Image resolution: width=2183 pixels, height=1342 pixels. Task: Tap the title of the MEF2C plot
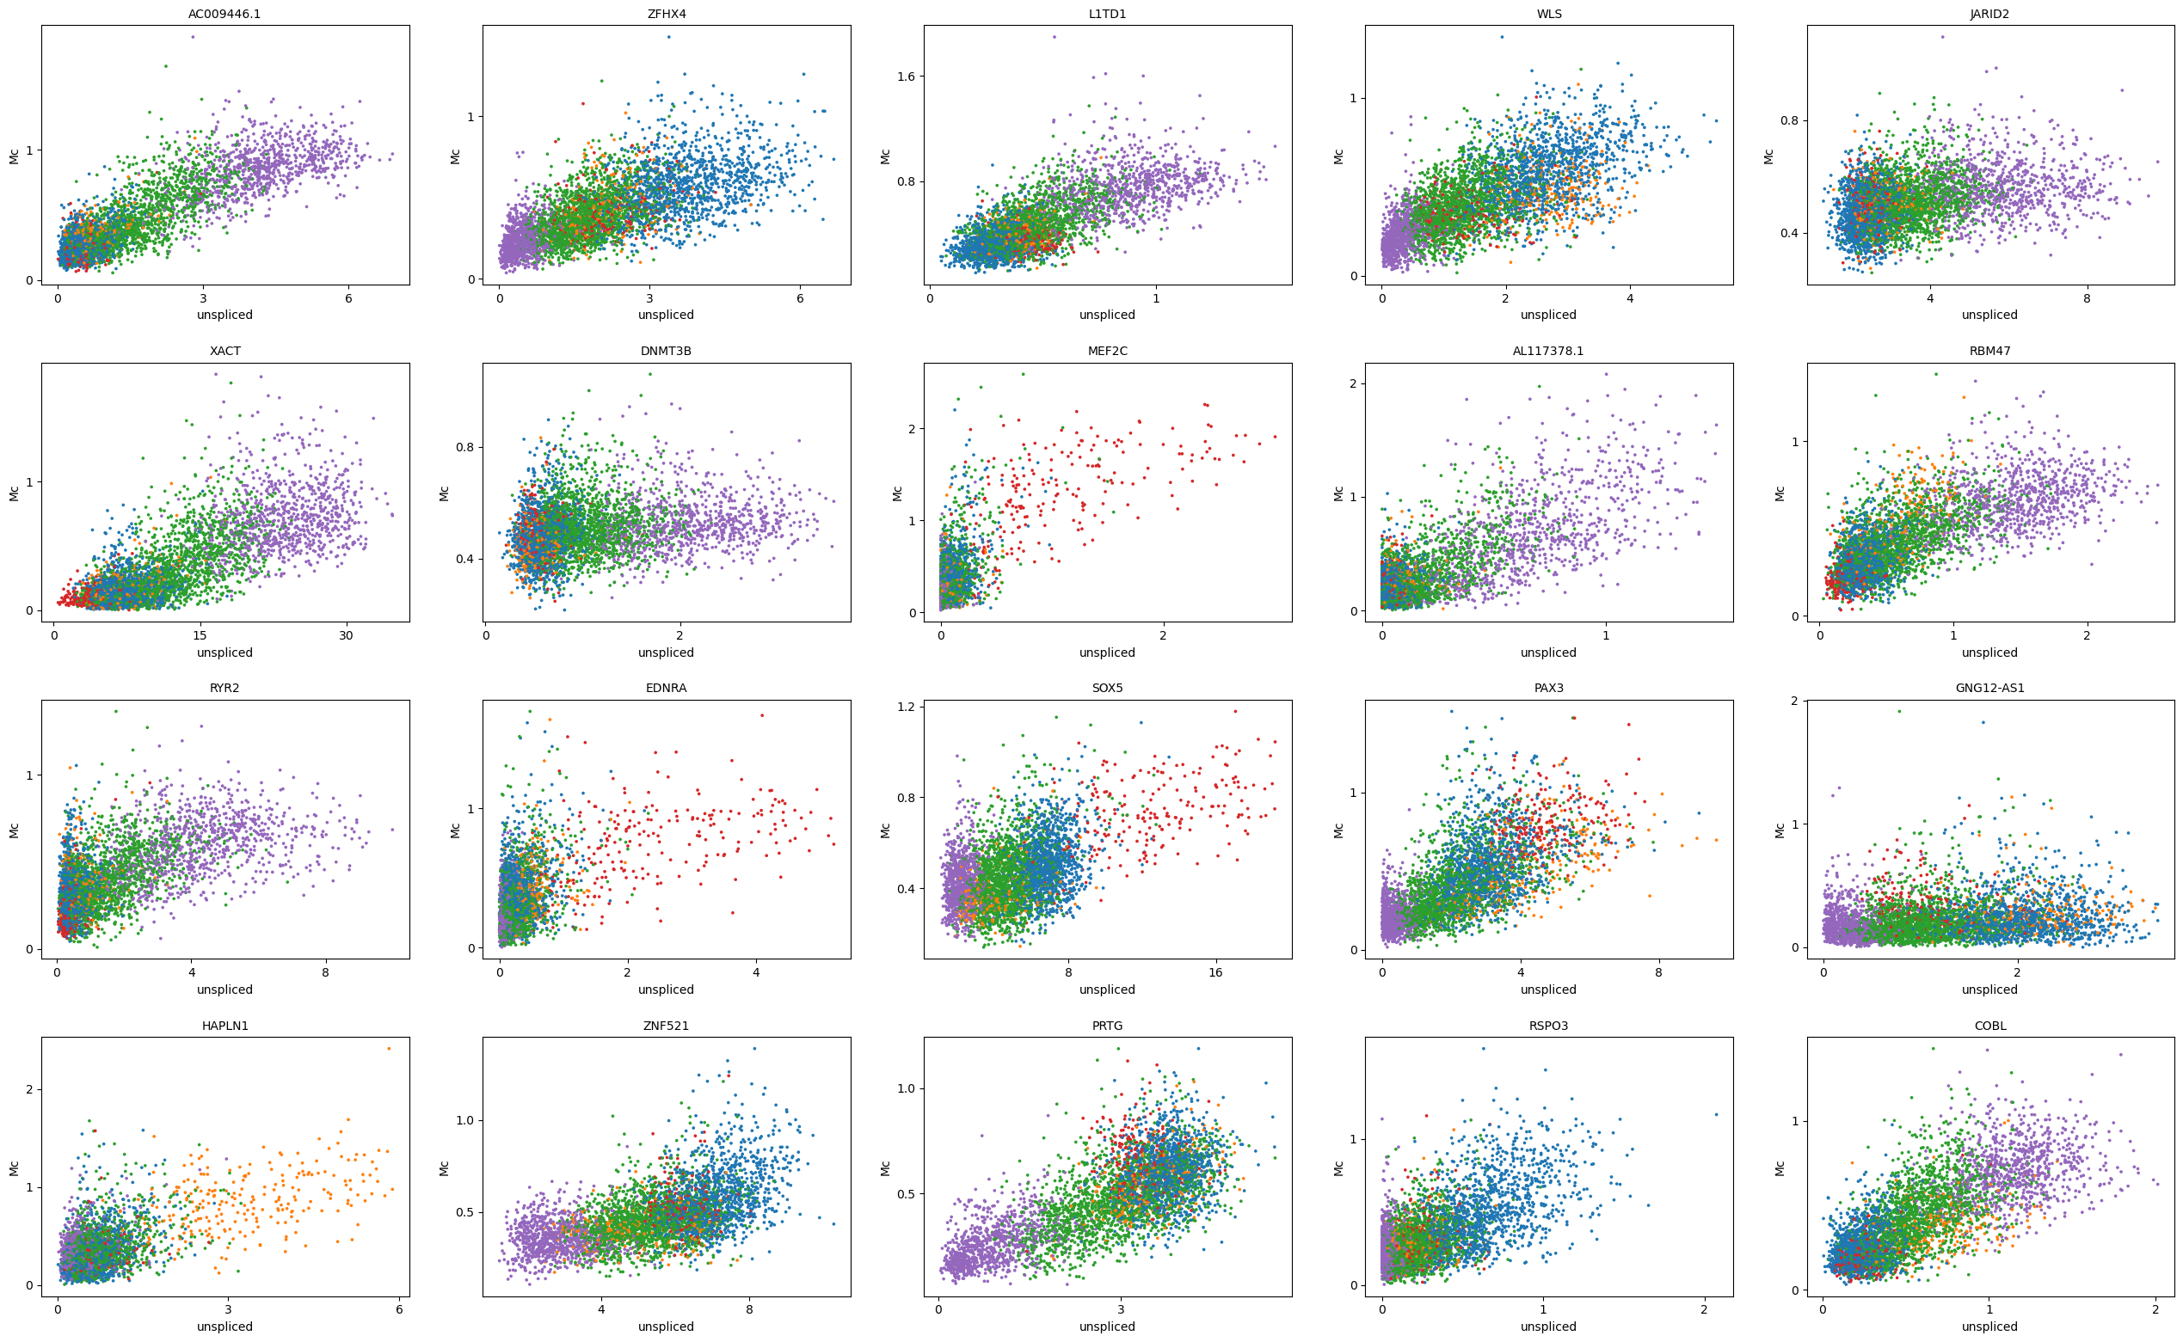(x=1107, y=351)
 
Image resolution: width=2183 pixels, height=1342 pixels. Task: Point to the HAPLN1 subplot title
(x=224, y=1025)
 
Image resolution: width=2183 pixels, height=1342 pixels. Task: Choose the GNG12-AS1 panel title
(x=1989, y=688)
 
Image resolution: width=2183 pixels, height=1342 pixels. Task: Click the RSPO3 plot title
(x=1548, y=1025)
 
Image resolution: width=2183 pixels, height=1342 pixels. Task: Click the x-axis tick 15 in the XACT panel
(x=200, y=634)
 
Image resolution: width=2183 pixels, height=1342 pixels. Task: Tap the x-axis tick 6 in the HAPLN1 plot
(x=398, y=1309)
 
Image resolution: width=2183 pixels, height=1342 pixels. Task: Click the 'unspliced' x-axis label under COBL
(x=1989, y=1327)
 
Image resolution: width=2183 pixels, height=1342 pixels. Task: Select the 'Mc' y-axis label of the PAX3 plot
(x=1338, y=830)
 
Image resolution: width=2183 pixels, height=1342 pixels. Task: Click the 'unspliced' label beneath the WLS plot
(x=1548, y=316)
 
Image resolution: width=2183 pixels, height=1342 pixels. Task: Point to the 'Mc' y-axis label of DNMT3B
(x=445, y=493)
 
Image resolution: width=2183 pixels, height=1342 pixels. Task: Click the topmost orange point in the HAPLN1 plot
(x=389, y=1048)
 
